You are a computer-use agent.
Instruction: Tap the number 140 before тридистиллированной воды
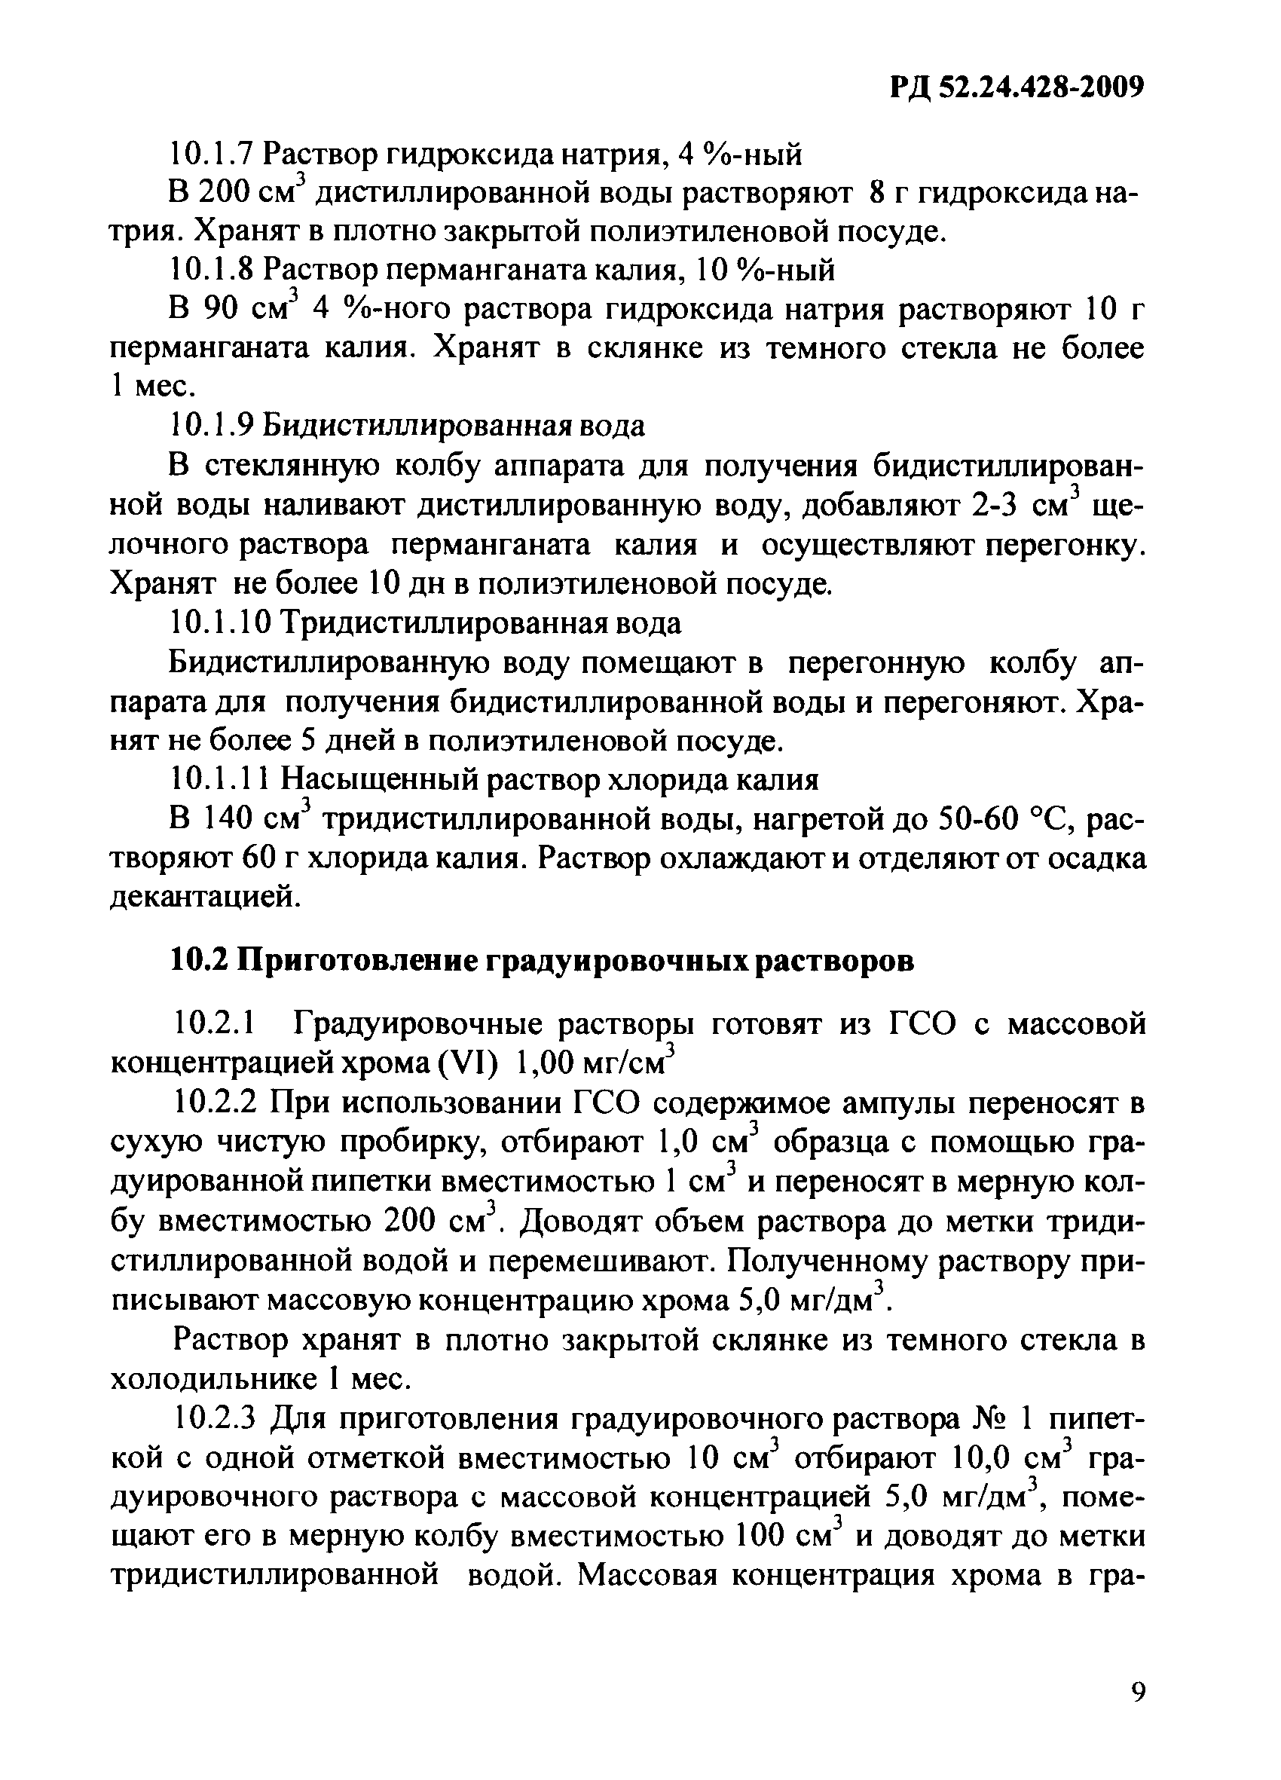[x=224, y=819]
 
